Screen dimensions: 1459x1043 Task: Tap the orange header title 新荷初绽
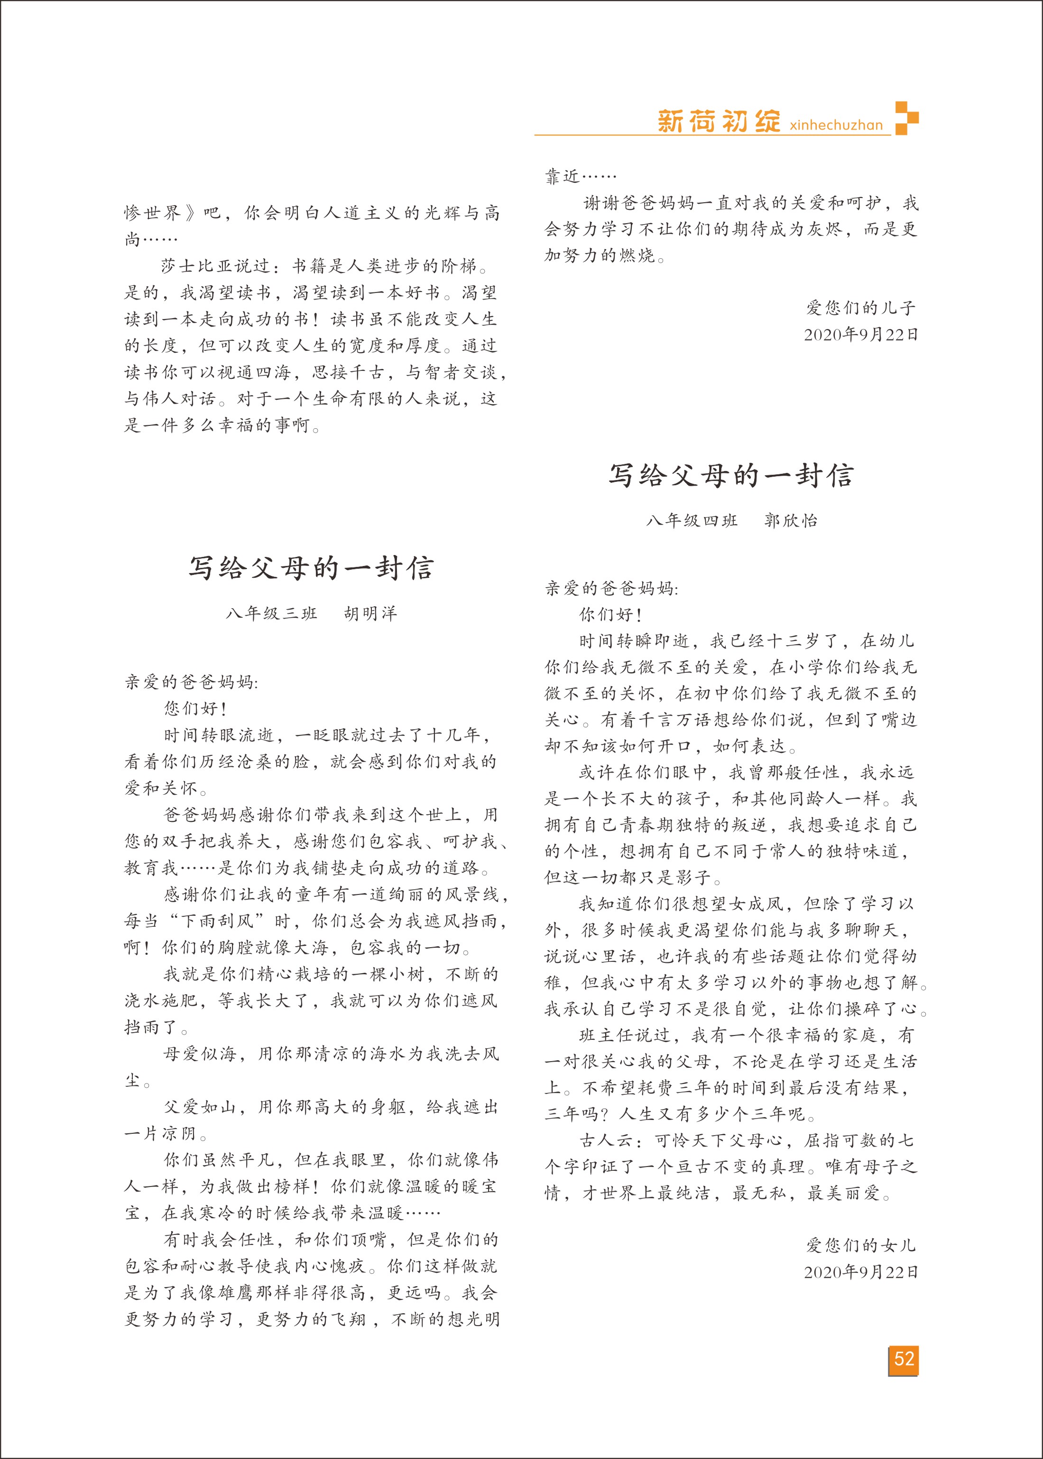click(718, 121)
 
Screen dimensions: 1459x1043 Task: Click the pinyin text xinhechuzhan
click(836, 125)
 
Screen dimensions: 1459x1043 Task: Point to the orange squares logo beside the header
click(906, 118)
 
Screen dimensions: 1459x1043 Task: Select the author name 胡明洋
click(370, 613)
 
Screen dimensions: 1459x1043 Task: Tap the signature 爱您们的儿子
click(860, 308)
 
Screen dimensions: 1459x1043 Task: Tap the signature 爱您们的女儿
click(860, 1245)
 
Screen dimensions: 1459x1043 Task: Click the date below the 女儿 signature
click(860, 1272)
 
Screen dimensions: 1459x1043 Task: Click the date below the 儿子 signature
click(860, 334)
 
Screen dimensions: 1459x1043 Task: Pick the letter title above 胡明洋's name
click(311, 567)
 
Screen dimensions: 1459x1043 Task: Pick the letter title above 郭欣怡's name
click(731, 476)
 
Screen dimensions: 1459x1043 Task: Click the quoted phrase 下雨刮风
click(218, 921)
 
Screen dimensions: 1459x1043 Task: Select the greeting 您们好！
click(195, 709)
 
